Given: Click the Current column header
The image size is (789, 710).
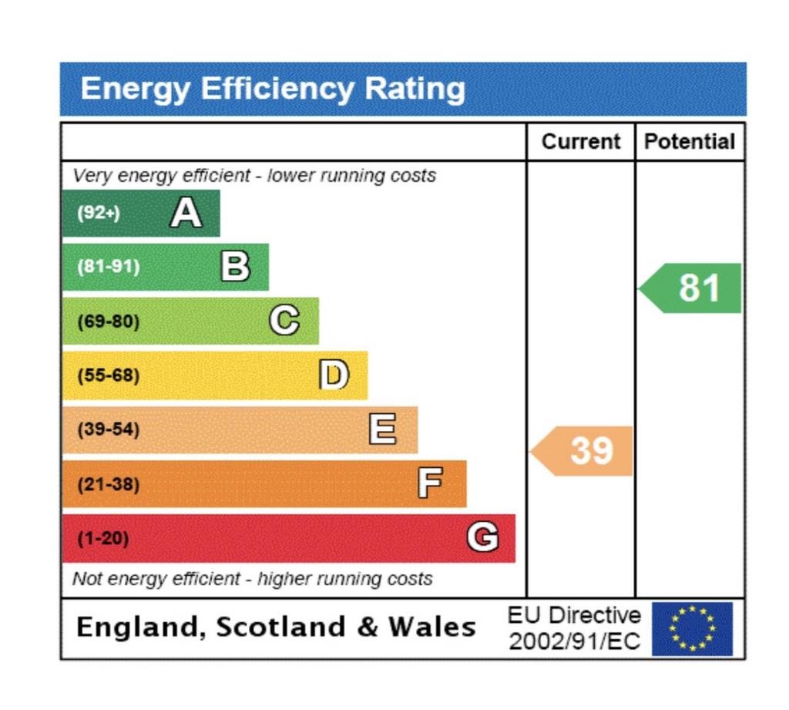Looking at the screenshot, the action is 580,142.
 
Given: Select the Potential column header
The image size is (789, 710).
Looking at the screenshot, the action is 690,142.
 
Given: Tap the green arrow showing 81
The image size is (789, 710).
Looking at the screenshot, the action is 693,288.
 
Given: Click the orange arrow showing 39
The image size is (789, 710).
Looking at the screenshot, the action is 585,450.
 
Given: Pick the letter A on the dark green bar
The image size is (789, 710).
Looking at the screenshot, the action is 186,213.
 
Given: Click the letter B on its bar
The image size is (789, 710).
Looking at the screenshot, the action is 235,267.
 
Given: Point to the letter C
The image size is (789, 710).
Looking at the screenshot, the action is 284,320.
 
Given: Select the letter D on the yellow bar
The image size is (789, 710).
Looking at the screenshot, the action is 334,375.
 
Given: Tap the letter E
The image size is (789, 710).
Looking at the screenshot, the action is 383,429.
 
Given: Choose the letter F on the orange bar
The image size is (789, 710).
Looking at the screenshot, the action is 430,483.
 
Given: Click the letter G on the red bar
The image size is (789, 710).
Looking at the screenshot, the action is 482,537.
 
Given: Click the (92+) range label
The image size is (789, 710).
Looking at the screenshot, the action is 99,213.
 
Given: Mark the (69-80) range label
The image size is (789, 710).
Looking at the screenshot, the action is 109,321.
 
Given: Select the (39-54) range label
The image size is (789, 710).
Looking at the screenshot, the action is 109,429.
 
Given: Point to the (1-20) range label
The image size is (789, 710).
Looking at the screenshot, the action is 103,538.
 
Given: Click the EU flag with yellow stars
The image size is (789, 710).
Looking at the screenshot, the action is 692,628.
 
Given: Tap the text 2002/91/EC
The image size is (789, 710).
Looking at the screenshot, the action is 575,641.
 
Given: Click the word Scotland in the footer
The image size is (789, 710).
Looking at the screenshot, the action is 281,627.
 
